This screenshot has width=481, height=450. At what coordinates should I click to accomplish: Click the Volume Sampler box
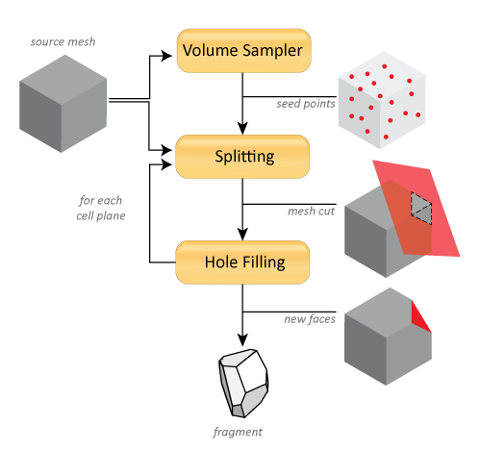[244, 51]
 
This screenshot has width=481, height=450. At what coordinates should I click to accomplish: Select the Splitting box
[242, 157]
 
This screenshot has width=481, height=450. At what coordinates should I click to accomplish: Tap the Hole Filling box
[242, 262]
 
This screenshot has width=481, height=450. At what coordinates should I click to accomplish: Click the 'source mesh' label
[63, 41]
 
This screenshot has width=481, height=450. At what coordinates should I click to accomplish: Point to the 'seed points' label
[306, 104]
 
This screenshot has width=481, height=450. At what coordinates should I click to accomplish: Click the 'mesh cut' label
[311, 212]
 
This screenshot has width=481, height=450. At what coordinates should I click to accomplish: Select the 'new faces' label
[310, 319]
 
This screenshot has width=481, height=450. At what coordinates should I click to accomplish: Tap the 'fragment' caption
[238, 432]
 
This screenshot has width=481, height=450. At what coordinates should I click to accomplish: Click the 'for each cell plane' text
[101, 208]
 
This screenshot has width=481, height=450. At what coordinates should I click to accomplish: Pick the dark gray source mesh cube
[63, 104]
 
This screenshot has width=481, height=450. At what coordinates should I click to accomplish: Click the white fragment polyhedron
[243, 384]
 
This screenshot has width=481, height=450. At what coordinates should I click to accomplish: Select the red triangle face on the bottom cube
[420, 317]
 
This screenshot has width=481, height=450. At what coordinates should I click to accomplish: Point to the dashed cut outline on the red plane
[421, 209]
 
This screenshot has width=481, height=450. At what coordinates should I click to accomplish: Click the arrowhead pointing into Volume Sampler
[166, 56]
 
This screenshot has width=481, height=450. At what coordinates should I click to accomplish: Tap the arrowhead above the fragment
[242, 339]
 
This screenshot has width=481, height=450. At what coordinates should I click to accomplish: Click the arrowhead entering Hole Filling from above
[242, 234]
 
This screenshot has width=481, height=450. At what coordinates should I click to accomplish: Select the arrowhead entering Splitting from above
[242, 128]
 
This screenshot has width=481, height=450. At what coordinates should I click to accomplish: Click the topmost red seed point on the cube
[384, 66]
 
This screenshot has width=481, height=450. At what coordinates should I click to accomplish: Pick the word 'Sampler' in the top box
[272, 51]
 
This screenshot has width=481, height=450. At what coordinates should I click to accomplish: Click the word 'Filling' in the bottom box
[264, 263]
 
